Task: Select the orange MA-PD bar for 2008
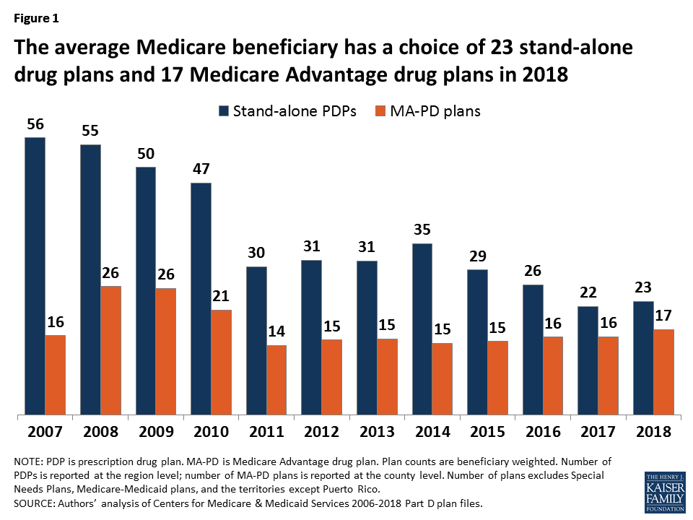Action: click(x=110, y=350)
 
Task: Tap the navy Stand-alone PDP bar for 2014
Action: click(x=422, y=329)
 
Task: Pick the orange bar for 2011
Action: click(x=276, y=380)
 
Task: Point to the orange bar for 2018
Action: click(x=663, y=372)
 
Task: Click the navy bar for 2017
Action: click(x=588, y=360)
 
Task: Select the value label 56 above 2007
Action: click(x=35, y=124)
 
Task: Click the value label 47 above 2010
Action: click(x=201, y=170)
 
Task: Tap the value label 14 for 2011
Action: click(x=276, y=332)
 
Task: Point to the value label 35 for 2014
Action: click(x=422, y=230)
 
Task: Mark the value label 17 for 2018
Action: click(x=663, y=316)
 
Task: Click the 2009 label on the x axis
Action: click(x=155, y=432)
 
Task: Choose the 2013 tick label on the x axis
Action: click(x=377, y=432)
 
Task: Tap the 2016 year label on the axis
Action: click(x=543, y=432)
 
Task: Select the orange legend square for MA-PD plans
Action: click(x=382, y=112)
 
